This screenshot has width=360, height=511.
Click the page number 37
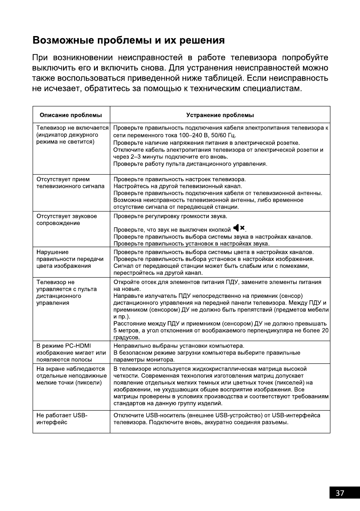[340, 493]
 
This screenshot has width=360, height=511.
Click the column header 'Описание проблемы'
[71, 115]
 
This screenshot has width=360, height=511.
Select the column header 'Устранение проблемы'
[220, 115]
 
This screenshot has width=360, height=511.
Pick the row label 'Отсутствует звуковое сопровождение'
[67, 219]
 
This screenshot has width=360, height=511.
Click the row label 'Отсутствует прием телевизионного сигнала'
[70, 182]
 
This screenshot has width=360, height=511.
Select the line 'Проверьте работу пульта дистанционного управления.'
[191, 164]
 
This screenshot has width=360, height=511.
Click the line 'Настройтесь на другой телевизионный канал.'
[178, 186]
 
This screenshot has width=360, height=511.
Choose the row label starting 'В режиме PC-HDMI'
[71, 352]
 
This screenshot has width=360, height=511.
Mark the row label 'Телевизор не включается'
[72, 128]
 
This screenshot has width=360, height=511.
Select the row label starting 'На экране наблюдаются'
[71, 375]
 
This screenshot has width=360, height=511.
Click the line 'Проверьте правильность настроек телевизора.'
[179, 179]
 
